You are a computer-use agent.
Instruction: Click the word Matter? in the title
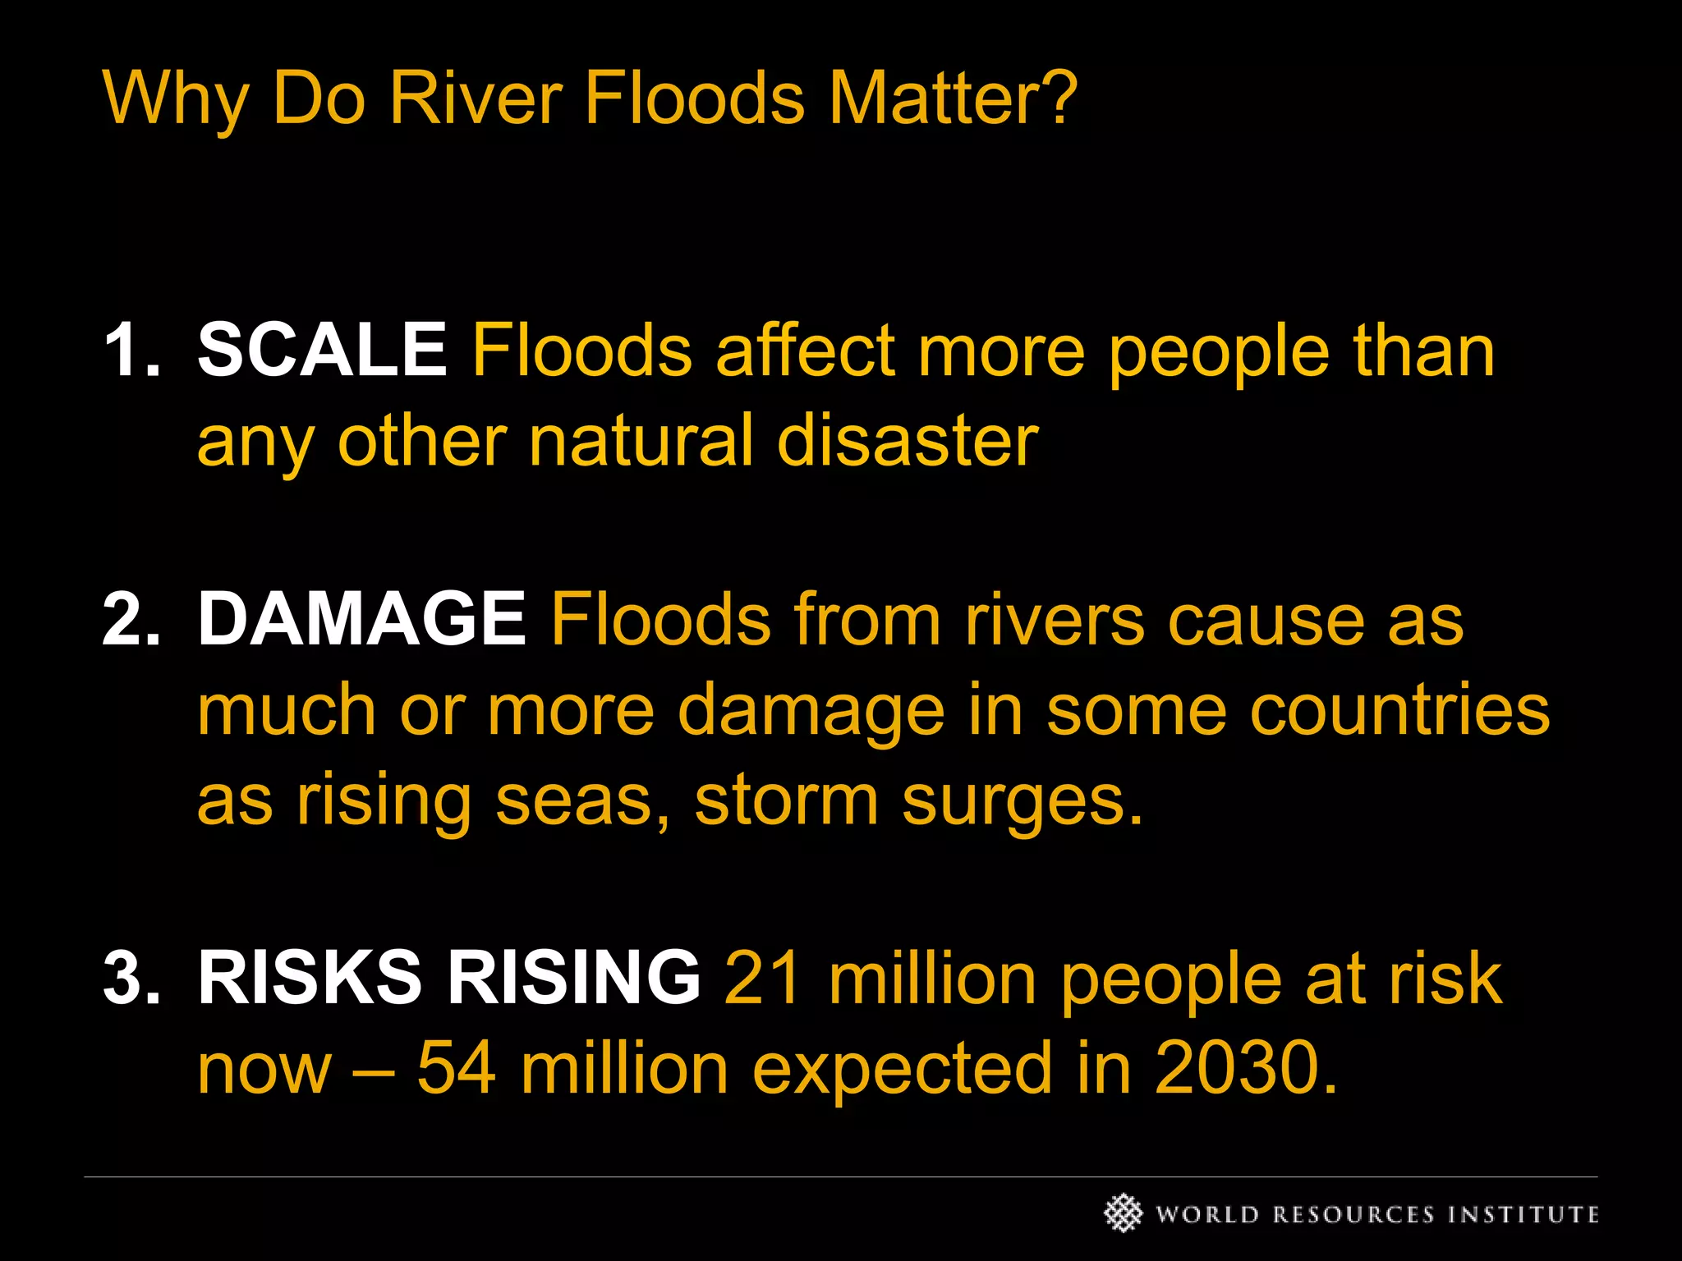click(953, 99)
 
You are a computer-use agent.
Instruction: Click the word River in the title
click(476, 99)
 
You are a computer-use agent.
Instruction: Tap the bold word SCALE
click(322, 351)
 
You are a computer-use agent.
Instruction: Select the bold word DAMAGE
click(361, 619)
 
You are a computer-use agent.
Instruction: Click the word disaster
click(908, 441)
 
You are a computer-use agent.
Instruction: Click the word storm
click(786, 800)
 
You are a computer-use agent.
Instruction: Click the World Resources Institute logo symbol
click(1123, 1213)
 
